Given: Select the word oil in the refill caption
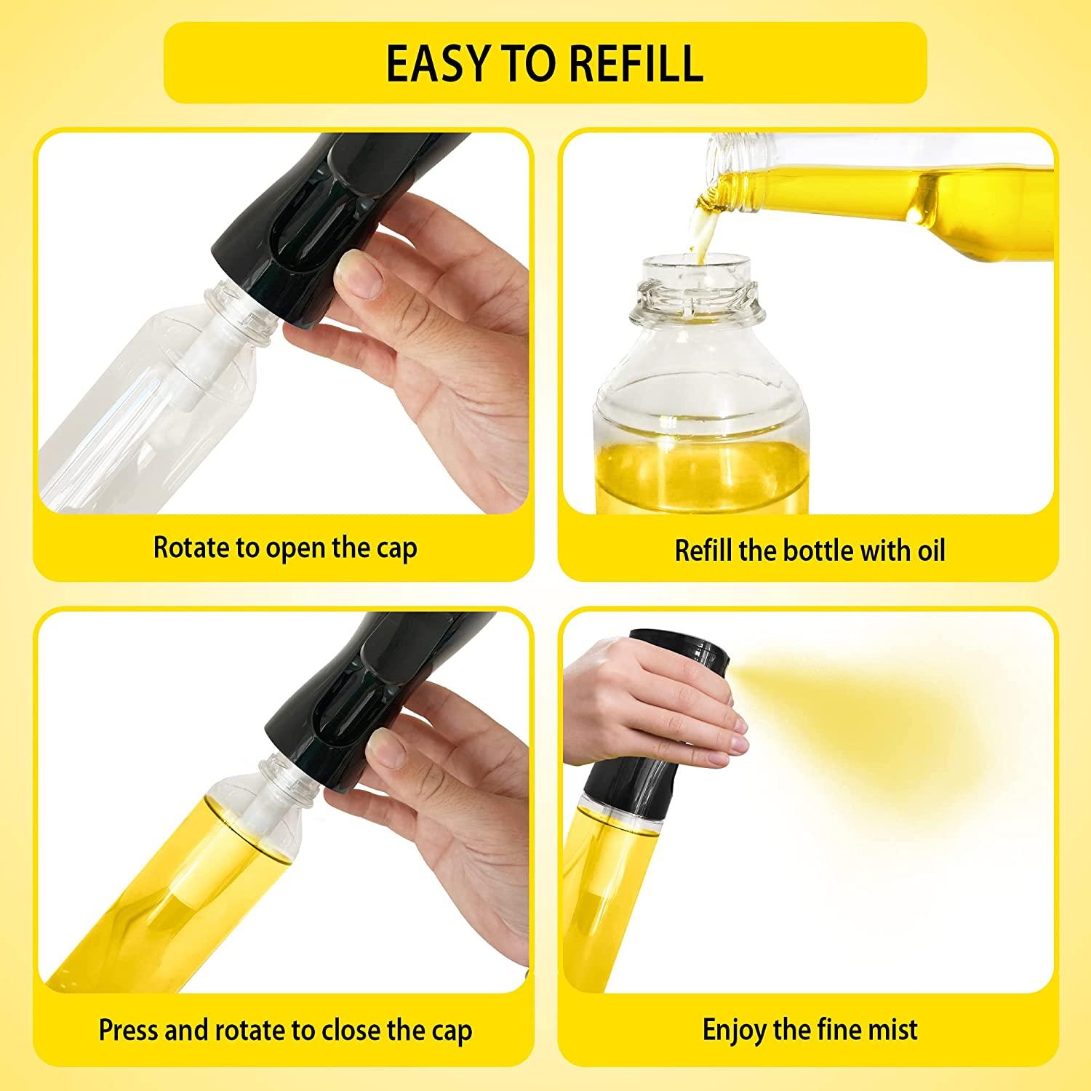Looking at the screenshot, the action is click(930, 550).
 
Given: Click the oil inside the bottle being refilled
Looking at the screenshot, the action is click(702, 473).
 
